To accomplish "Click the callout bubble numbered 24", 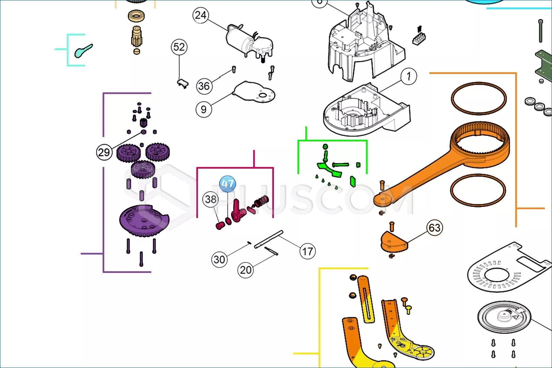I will [x=201, y=15].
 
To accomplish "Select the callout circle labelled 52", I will [x=179, y=47].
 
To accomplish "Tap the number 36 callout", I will [x=204, y=86].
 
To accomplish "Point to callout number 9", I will [x=204, y=109].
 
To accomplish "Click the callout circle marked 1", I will [x=409, y=76].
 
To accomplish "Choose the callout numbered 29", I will [x=104, y=152].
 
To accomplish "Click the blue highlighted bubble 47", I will [x=227, y=184].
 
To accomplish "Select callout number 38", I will [x=211, y=199].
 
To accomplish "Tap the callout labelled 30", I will [x=219, y=260].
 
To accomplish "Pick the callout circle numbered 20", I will [x=246, y=270].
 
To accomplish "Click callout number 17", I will [x=308, y=252].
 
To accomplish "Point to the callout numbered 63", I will [x=434, y=228].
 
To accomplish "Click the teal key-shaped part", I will [x=83, y=51].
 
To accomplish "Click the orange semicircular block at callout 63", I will [x=394, y=242].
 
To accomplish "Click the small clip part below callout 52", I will [x=183, y=83].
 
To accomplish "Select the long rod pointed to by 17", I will [x=269, y=239].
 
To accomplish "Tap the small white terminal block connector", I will [x=419, y=38].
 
